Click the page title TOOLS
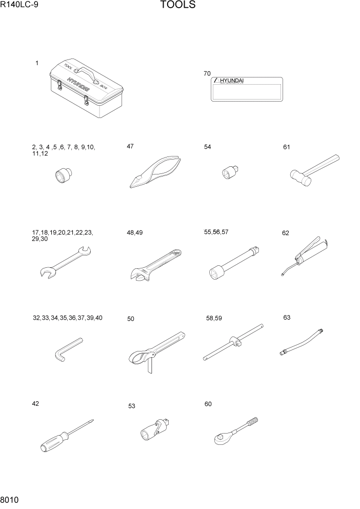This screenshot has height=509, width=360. tap(177, 6)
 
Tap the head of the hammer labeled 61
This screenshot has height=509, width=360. tap(299, 178)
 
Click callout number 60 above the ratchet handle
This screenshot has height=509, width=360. tap(208, 404)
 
